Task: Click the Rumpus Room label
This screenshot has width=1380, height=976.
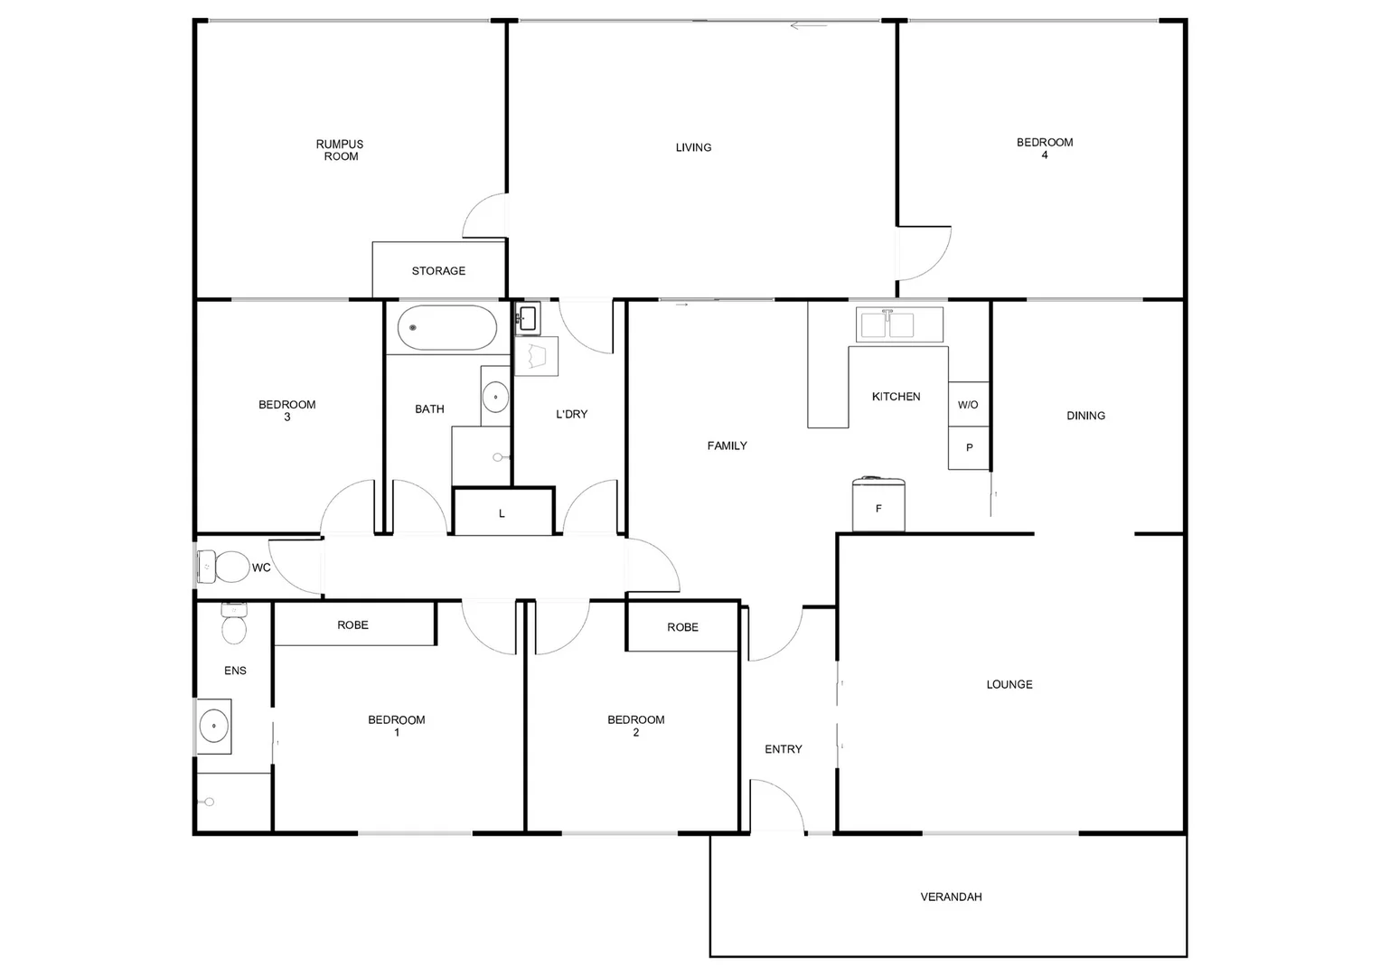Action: (x=341, y=150)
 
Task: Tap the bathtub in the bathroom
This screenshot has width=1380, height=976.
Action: (x=447, y=328)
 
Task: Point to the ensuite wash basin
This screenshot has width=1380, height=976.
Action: (x=213, y=726)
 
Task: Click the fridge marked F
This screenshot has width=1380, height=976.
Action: (x=878, y=506)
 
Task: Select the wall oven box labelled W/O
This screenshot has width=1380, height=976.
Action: (x=968, y=404)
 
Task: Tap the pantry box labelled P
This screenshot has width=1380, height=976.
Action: (x=969, y=447)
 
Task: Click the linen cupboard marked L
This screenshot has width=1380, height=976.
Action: (x=502, y=512)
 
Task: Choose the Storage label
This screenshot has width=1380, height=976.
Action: (x=438, y=270)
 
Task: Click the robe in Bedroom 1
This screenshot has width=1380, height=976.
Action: (x=353, y=624)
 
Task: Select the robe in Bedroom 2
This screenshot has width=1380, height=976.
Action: (x=683, y=626)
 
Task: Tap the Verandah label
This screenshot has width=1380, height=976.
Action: (x=951, y=896)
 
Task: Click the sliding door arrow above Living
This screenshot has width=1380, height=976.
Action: (x=809, y=25)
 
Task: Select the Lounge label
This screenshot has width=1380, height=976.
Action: (x=1009, y=684)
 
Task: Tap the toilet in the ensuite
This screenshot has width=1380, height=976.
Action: (x=234, y=625)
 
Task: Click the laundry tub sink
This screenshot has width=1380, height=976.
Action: (x=528, y=318)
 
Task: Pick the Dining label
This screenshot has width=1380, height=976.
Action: (x=1085, y=416)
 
